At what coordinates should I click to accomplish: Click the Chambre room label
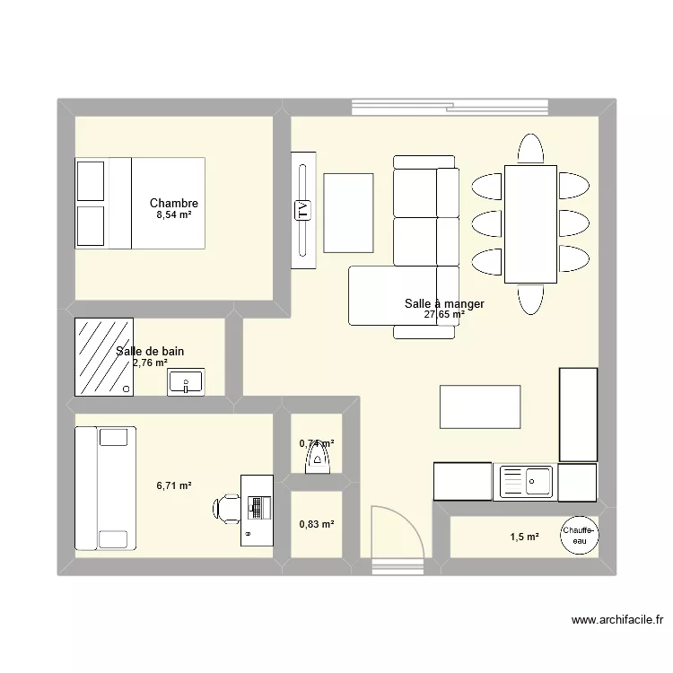[174, 204]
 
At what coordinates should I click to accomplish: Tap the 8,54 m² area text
[174, 215]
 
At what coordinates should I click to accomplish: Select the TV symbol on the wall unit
[302, 211]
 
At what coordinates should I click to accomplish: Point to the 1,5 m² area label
[525, 537]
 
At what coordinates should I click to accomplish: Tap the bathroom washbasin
[186, 383]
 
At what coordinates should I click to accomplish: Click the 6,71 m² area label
[174, 485]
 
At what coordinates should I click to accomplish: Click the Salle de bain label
[151, 351]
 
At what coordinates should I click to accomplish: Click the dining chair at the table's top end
[530, 149]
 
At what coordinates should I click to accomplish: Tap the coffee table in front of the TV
[348, 213]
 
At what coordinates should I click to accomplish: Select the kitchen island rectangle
[480, 406]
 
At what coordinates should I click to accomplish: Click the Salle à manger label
[444, 304]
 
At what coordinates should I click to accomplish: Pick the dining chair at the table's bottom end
[530, 297]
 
